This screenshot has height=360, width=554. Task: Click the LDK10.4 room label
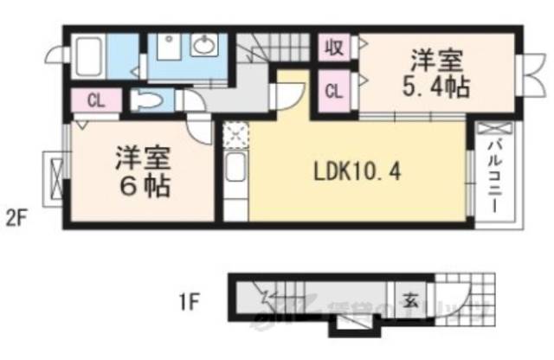[x=356, y=170]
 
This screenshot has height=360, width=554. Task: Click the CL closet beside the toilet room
[x=95, y=100]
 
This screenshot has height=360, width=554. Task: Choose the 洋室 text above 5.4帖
[x=435, y=61]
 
